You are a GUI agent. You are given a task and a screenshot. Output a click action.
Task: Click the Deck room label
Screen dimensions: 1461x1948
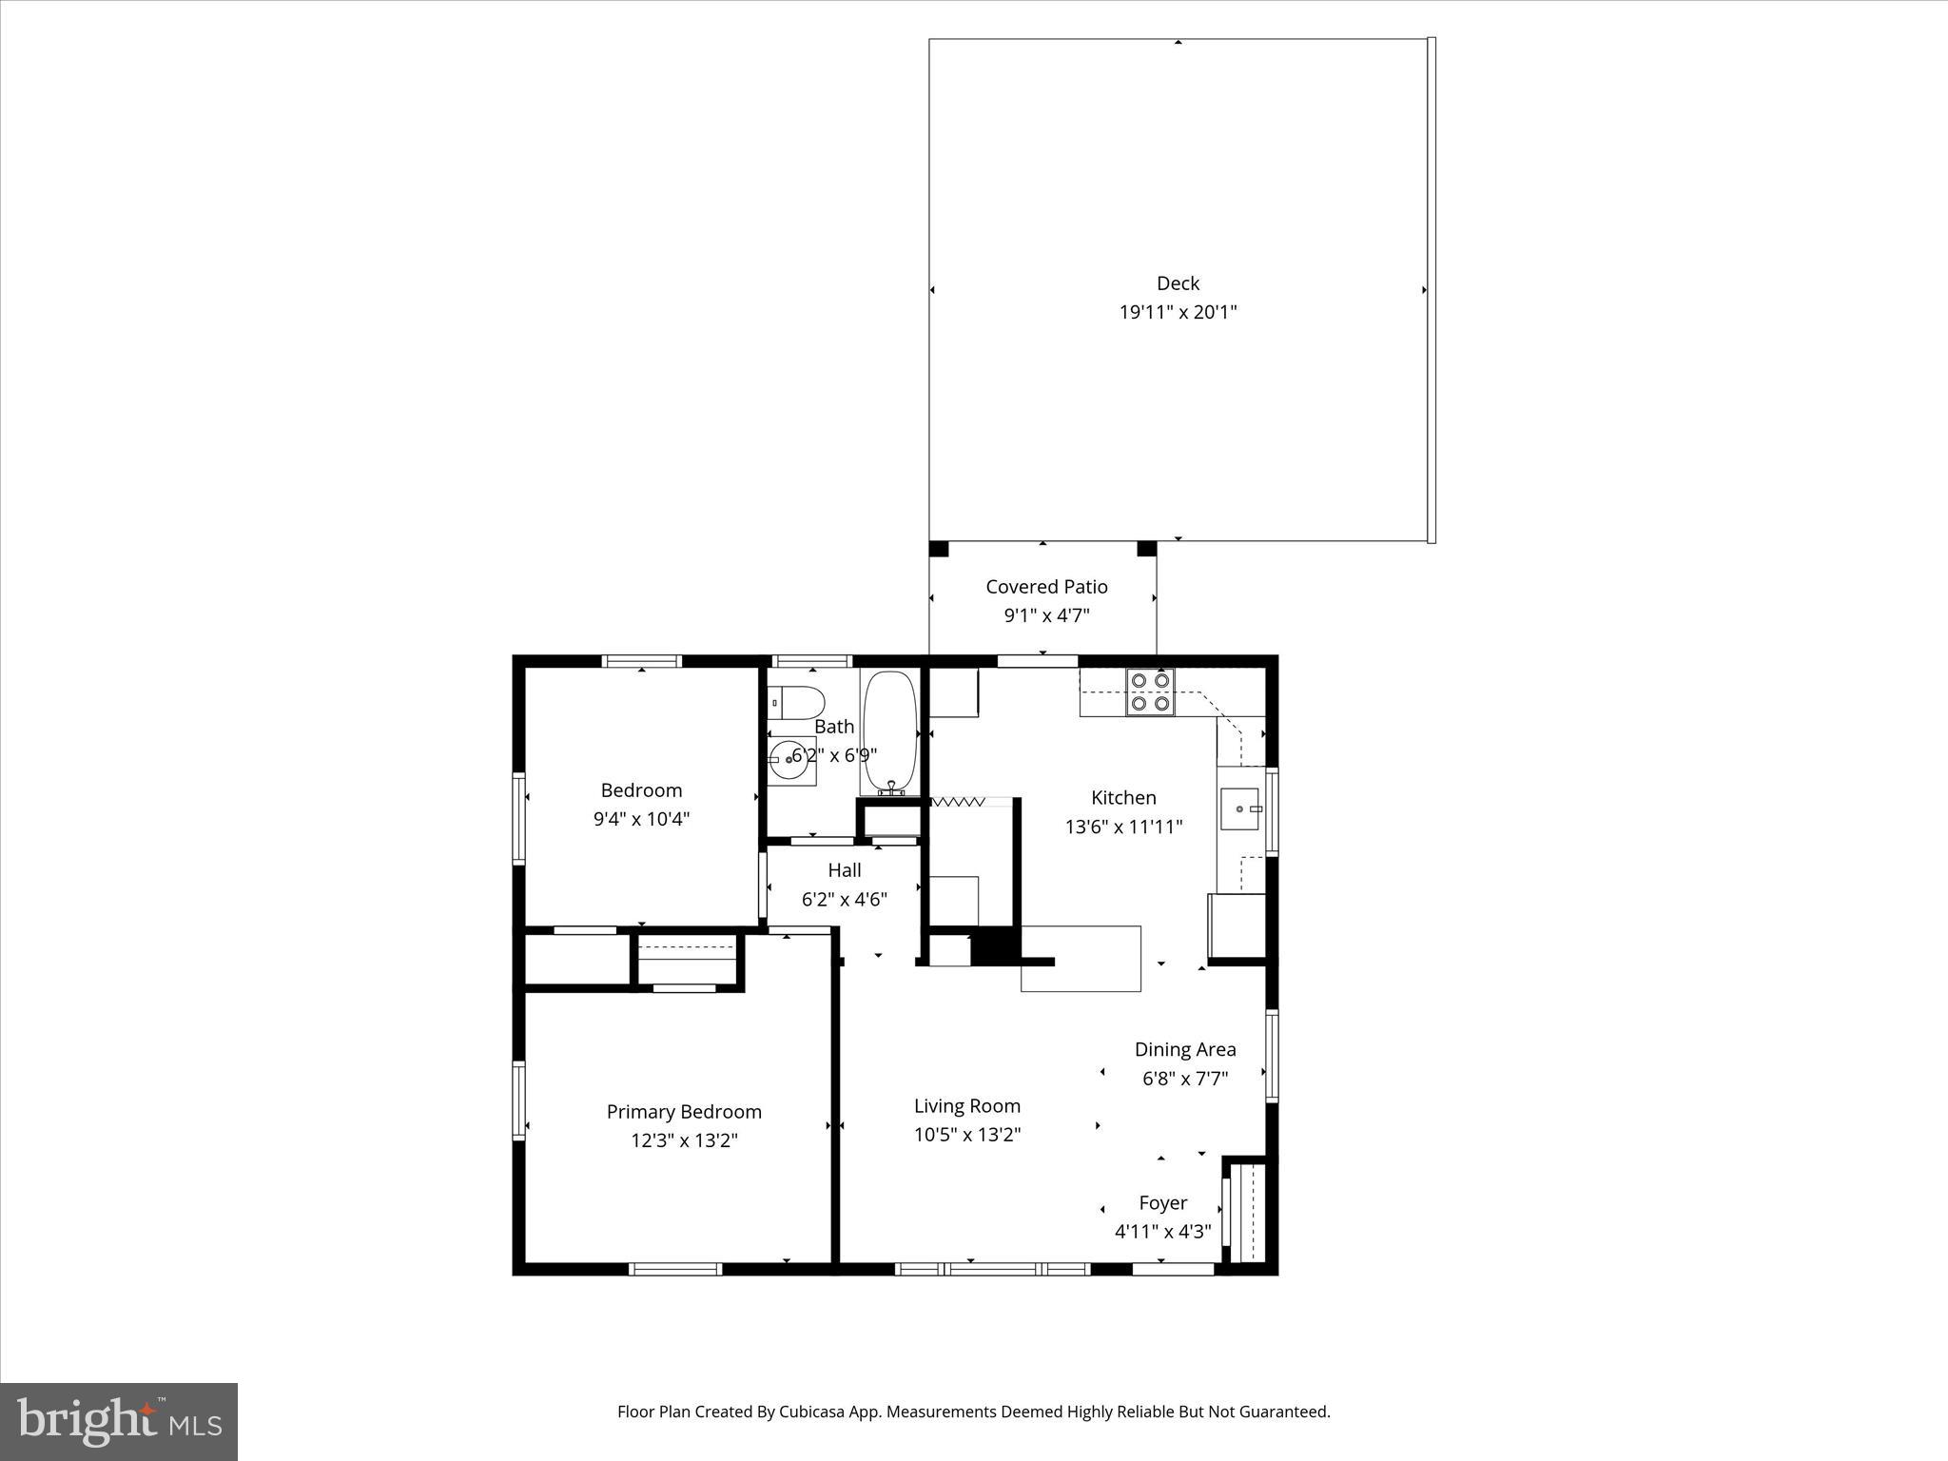pos(1178,283)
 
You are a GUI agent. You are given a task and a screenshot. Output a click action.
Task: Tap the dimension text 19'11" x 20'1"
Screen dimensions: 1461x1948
pos(1178,312)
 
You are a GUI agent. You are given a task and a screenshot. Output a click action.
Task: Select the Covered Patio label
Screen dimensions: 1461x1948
pos(1046,587)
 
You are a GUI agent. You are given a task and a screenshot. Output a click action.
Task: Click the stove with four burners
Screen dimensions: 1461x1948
pos(1150,692)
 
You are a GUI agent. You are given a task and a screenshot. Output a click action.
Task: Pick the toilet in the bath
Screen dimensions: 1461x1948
pos(797,704)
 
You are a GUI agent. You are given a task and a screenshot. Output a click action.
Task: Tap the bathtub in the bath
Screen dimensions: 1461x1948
pos(890,732)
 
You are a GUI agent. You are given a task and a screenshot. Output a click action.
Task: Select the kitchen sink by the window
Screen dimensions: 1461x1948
pos(1240,808)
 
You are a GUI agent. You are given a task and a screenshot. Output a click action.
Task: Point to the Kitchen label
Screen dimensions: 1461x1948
pos(1123,798)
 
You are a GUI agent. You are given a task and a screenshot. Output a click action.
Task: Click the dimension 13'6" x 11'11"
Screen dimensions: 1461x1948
pos(1123,827)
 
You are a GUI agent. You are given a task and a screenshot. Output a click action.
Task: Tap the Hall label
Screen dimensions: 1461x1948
pos(845,870)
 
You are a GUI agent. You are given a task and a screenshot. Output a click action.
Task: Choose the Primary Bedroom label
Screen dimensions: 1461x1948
pos(684,1112)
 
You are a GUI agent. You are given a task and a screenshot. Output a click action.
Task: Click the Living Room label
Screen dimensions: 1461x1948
pos(967,1106)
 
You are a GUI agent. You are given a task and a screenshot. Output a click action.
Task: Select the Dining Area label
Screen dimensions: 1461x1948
pos(1185,1049)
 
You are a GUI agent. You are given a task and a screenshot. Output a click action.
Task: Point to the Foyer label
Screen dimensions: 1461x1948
pos(1163,1203)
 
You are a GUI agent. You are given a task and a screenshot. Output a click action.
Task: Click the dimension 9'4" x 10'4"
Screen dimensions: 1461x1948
pos(641,819)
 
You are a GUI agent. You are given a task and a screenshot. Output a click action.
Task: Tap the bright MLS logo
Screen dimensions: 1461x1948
pos(119,1421)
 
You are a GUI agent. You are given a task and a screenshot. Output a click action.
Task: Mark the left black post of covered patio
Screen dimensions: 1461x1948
pos(939,549)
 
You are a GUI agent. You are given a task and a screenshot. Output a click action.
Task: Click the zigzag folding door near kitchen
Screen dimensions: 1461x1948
pos(958,803)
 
